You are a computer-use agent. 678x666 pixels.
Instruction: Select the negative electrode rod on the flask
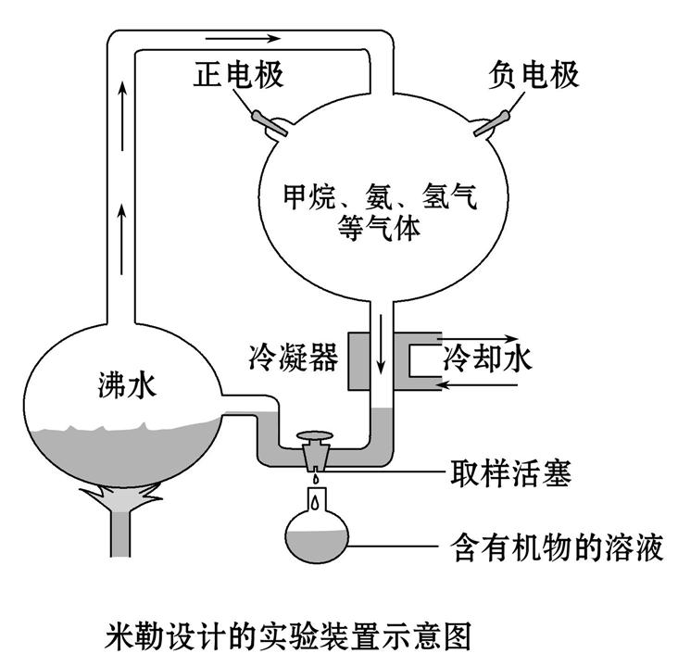[491, 122]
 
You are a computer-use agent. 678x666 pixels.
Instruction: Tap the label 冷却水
[488, 358]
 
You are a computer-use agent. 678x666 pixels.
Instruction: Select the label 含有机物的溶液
[555, 547]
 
